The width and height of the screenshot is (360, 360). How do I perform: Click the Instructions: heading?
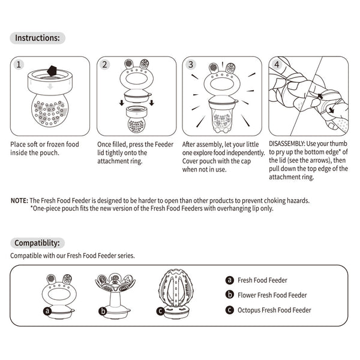(x=37, y=38)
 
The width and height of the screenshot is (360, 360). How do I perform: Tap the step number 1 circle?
(x=20, y=64)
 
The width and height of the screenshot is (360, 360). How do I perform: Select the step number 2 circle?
(x=106, y=64)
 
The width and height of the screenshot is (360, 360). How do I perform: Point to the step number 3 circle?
(x=191, y=64)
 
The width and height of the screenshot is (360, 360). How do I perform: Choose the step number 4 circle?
(x=277, y=64)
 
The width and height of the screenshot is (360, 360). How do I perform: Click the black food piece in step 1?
(x=51, y=70)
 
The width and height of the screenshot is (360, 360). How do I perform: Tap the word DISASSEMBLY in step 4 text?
(x=287, y=145)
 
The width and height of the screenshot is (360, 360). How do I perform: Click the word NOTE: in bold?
(x=19, y=200)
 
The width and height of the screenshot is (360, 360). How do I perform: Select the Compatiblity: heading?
(x=37, y=243)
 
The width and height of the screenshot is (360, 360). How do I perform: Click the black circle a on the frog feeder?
(x=47, y=311)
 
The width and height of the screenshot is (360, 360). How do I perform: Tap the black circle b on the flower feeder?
(x=103, y=311)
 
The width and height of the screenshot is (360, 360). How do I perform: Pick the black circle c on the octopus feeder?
(x=160, y=311)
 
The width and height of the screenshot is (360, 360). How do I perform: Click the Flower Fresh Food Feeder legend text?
(x=272, y=295)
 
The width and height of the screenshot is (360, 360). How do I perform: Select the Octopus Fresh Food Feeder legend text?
(x=274, y=310)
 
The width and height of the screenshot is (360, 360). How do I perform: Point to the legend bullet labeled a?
(x=229, y=280)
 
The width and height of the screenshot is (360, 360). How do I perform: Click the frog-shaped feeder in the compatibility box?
(x=59, y=293)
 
